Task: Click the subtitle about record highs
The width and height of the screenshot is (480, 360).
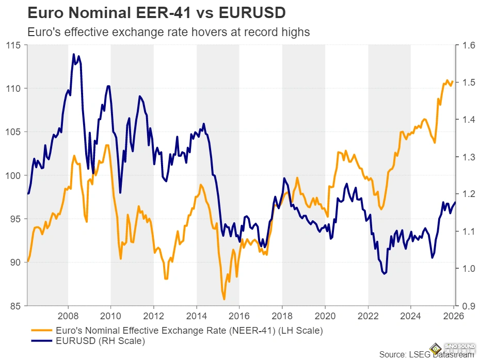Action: point(168,32)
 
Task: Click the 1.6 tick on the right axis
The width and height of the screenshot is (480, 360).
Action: point(469,45)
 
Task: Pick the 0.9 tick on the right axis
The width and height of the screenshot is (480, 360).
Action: point(469,306)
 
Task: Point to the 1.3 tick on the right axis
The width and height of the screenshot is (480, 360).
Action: point(469,157)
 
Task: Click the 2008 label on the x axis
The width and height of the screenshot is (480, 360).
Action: point(68,316)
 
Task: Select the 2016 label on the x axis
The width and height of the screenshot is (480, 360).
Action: point(239,316)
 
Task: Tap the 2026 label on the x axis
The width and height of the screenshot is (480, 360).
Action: point(453,316)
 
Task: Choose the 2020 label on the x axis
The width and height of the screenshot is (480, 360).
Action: point(325,316)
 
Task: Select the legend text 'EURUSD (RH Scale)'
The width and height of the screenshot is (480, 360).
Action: point(101,340)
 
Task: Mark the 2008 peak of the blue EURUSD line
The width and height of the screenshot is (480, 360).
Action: point(74,54)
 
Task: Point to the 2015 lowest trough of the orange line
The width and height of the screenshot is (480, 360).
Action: point(224,299)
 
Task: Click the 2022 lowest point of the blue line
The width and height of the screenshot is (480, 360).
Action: point(385,274)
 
